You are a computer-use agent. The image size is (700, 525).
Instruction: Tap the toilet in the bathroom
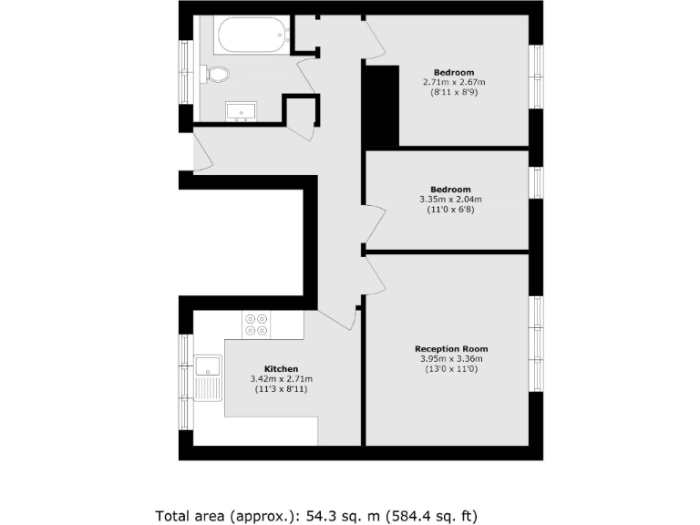216,73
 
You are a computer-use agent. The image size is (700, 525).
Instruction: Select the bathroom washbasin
242,112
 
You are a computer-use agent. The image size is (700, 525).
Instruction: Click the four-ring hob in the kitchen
256,324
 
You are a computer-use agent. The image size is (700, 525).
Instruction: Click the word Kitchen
281,369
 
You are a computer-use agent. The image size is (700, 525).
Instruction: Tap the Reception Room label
451,349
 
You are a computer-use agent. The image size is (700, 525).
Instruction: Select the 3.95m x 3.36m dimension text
451,359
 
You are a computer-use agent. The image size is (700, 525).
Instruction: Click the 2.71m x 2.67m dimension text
453,82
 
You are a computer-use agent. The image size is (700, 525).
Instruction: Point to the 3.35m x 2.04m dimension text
450,200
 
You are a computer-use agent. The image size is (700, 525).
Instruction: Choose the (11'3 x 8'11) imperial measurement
281,389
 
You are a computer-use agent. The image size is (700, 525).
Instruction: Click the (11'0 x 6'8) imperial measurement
450,210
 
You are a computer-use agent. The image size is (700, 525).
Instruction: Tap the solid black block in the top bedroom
382,105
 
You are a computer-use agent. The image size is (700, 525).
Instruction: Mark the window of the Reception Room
537,345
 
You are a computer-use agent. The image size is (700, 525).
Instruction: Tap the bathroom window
186,73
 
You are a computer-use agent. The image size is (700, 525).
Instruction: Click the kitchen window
186,382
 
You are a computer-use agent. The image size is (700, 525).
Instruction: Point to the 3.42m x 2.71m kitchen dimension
281,379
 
